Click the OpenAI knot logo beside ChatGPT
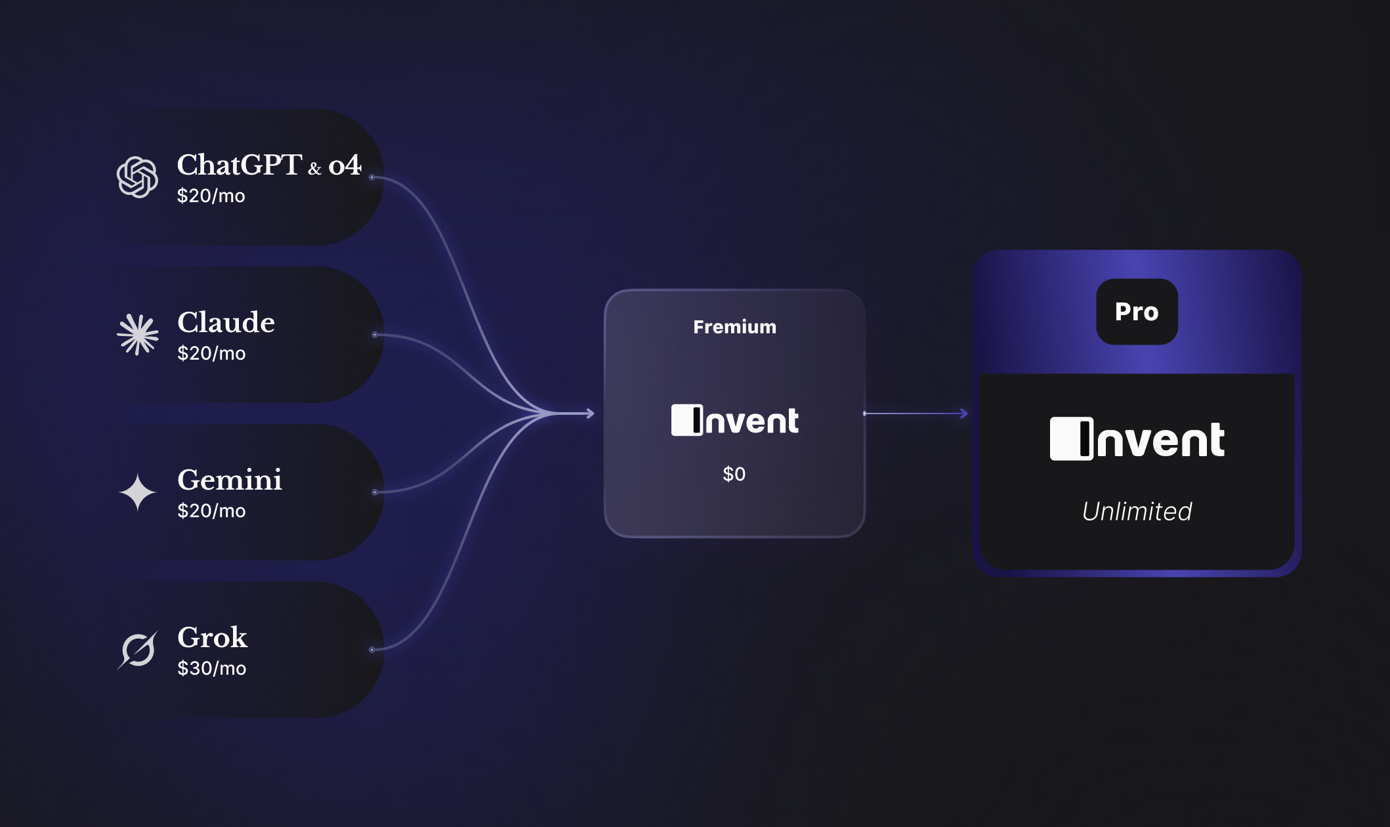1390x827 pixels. [137, 177]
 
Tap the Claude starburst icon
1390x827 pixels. [138, 335]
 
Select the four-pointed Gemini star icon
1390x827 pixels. [138, 492]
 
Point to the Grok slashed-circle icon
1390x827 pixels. [138, 650]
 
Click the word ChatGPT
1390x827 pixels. [240, 165]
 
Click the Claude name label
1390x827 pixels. [226, 322]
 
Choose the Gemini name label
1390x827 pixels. [230, 480]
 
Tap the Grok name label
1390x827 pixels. [212, 637]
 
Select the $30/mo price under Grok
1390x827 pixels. [211, 668]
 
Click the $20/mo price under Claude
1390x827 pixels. [211, 353]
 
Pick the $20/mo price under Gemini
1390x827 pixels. [211, 511]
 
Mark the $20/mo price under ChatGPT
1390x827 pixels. [211, 196]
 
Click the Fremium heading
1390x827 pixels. [734, 327]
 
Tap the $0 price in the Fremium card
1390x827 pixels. [734, 474]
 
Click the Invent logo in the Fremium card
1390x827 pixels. [734, 420]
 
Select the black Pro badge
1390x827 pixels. [1137, 312]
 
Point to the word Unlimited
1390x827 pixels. [1137, 511]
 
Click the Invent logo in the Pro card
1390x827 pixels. [1137, 439]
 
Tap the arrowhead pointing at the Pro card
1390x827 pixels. [964, 413]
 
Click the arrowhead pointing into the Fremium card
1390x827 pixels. [590, 413]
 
